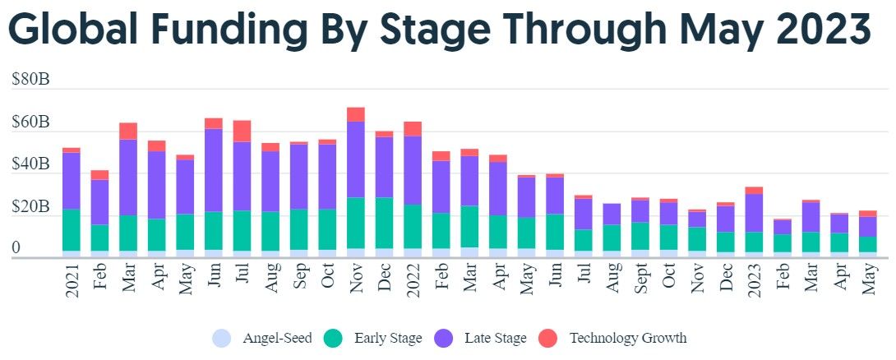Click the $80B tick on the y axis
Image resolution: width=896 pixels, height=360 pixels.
[30, 80]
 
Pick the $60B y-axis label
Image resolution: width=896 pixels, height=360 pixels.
[30, 122]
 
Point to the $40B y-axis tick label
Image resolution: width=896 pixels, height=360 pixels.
[30, 164]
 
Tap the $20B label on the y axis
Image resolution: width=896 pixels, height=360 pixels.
[30, 206]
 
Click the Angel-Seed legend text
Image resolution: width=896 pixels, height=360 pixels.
[277, 338]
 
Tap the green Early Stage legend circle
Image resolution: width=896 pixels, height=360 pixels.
[333, 338]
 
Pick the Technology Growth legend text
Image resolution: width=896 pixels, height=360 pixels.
[627, 338]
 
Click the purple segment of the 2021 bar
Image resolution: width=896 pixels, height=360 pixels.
[72, 181]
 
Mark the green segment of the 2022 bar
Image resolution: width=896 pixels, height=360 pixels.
[413, 227]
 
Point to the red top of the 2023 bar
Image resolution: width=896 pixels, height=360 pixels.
[753, 191]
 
